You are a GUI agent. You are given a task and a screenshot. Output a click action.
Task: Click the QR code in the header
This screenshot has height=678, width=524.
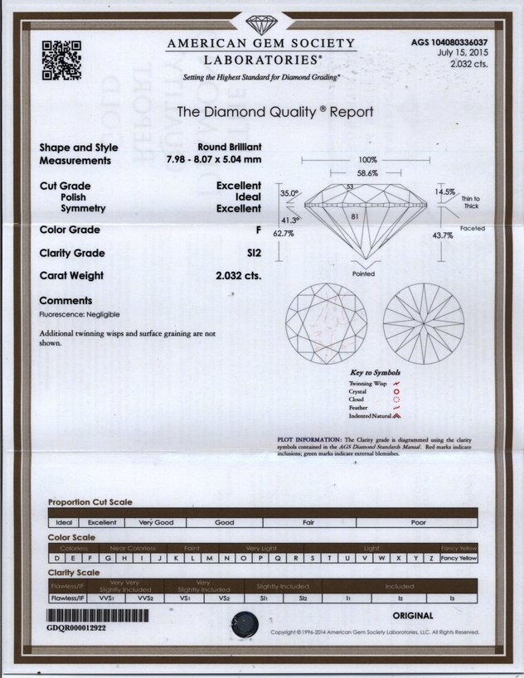pyautogui.click(x=61, y=60)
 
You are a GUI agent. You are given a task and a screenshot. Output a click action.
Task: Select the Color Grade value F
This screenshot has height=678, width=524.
pyautogui.click(x=258, y=230)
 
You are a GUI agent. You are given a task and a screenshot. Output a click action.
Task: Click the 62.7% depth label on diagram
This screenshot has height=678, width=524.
pyautogui.click(x=284, y=234)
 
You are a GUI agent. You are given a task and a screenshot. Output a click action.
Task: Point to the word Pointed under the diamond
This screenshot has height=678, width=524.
pyautogui.click(x=363, y=274)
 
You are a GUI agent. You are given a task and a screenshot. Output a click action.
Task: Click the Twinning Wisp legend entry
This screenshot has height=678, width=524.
pyautogui.click(x=369, y=384)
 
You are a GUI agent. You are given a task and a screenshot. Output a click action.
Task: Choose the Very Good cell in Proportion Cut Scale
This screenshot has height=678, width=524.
pyautogui.click(x=156, y=523)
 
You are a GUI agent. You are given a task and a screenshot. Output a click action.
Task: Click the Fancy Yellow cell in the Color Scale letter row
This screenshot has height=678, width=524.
pyautogui.click(x=459, y=558)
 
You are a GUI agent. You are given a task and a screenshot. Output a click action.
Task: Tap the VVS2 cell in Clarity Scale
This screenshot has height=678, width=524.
pyautogui.click(x=145, y=597)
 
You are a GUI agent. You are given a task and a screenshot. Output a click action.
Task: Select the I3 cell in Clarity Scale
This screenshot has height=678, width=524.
pyautogui.click(x=452, y=597)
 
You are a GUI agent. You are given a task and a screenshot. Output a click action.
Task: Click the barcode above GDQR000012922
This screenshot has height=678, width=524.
pyautogui.click(x=99, y=617)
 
